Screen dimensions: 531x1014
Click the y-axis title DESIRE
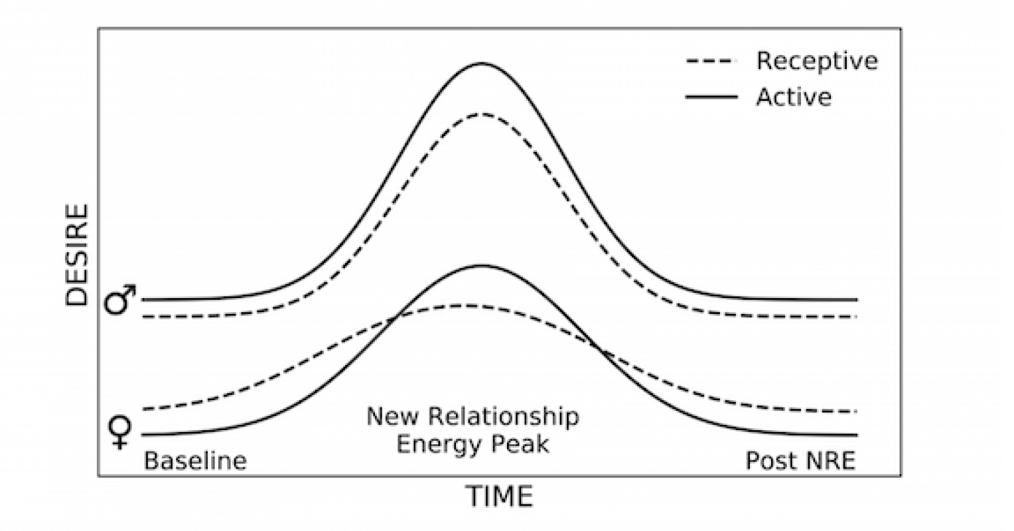coord(77,255)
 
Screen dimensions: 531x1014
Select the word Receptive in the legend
coord(817,61)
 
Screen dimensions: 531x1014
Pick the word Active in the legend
coord(794,97)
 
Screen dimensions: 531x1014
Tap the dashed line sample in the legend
coord(711,62)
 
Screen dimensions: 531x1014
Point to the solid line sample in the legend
coord(711,97)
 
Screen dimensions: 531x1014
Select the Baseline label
coord(195,461)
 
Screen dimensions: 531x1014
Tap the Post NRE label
coord(800,461)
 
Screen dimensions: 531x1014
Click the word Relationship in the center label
coord(504,417)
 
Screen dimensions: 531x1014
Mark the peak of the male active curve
coord(482,63)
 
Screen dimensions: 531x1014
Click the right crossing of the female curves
coord(599,347)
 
